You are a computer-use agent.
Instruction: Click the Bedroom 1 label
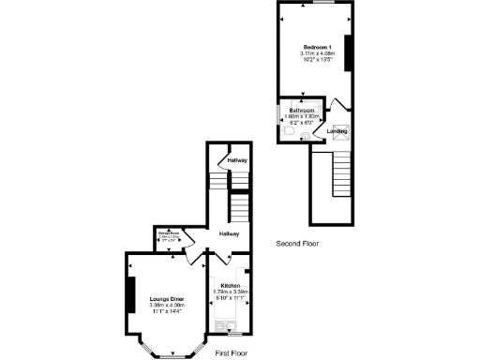314,47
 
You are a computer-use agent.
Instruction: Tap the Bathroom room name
301,111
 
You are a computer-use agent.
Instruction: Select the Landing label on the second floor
337,131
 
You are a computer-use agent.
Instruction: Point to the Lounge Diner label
166,299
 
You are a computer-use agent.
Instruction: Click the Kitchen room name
231,285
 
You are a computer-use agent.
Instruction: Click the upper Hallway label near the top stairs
237,161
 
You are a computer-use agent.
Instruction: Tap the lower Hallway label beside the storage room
230,233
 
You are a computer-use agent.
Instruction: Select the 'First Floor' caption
231,352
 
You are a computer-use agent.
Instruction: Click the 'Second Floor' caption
298,244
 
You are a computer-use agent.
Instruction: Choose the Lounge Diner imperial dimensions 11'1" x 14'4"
166,311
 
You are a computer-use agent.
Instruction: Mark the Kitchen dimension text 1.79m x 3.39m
231,292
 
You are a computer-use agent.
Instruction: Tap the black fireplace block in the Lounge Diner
130,297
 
